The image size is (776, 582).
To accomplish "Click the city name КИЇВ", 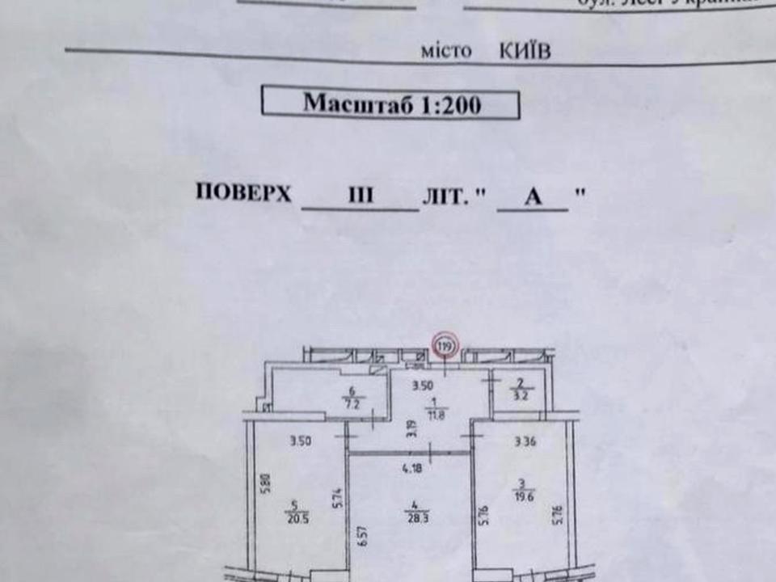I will point(525,52).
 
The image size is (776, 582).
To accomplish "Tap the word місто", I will point(445,52).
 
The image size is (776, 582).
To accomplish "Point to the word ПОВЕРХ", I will point(243,194).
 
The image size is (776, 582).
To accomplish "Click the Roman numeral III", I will point(358,196).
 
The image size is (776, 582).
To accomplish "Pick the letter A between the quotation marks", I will point(533,197).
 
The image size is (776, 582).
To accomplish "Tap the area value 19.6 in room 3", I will point(520,498).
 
